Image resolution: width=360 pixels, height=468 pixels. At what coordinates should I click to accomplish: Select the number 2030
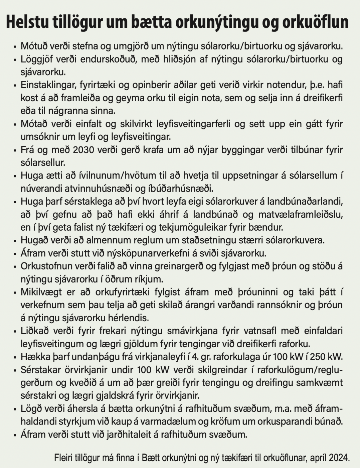click(84, 150)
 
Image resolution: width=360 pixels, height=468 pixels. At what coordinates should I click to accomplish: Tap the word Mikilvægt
click(41, 292)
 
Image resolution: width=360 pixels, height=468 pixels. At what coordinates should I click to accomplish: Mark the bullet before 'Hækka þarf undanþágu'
click(15, 357)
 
